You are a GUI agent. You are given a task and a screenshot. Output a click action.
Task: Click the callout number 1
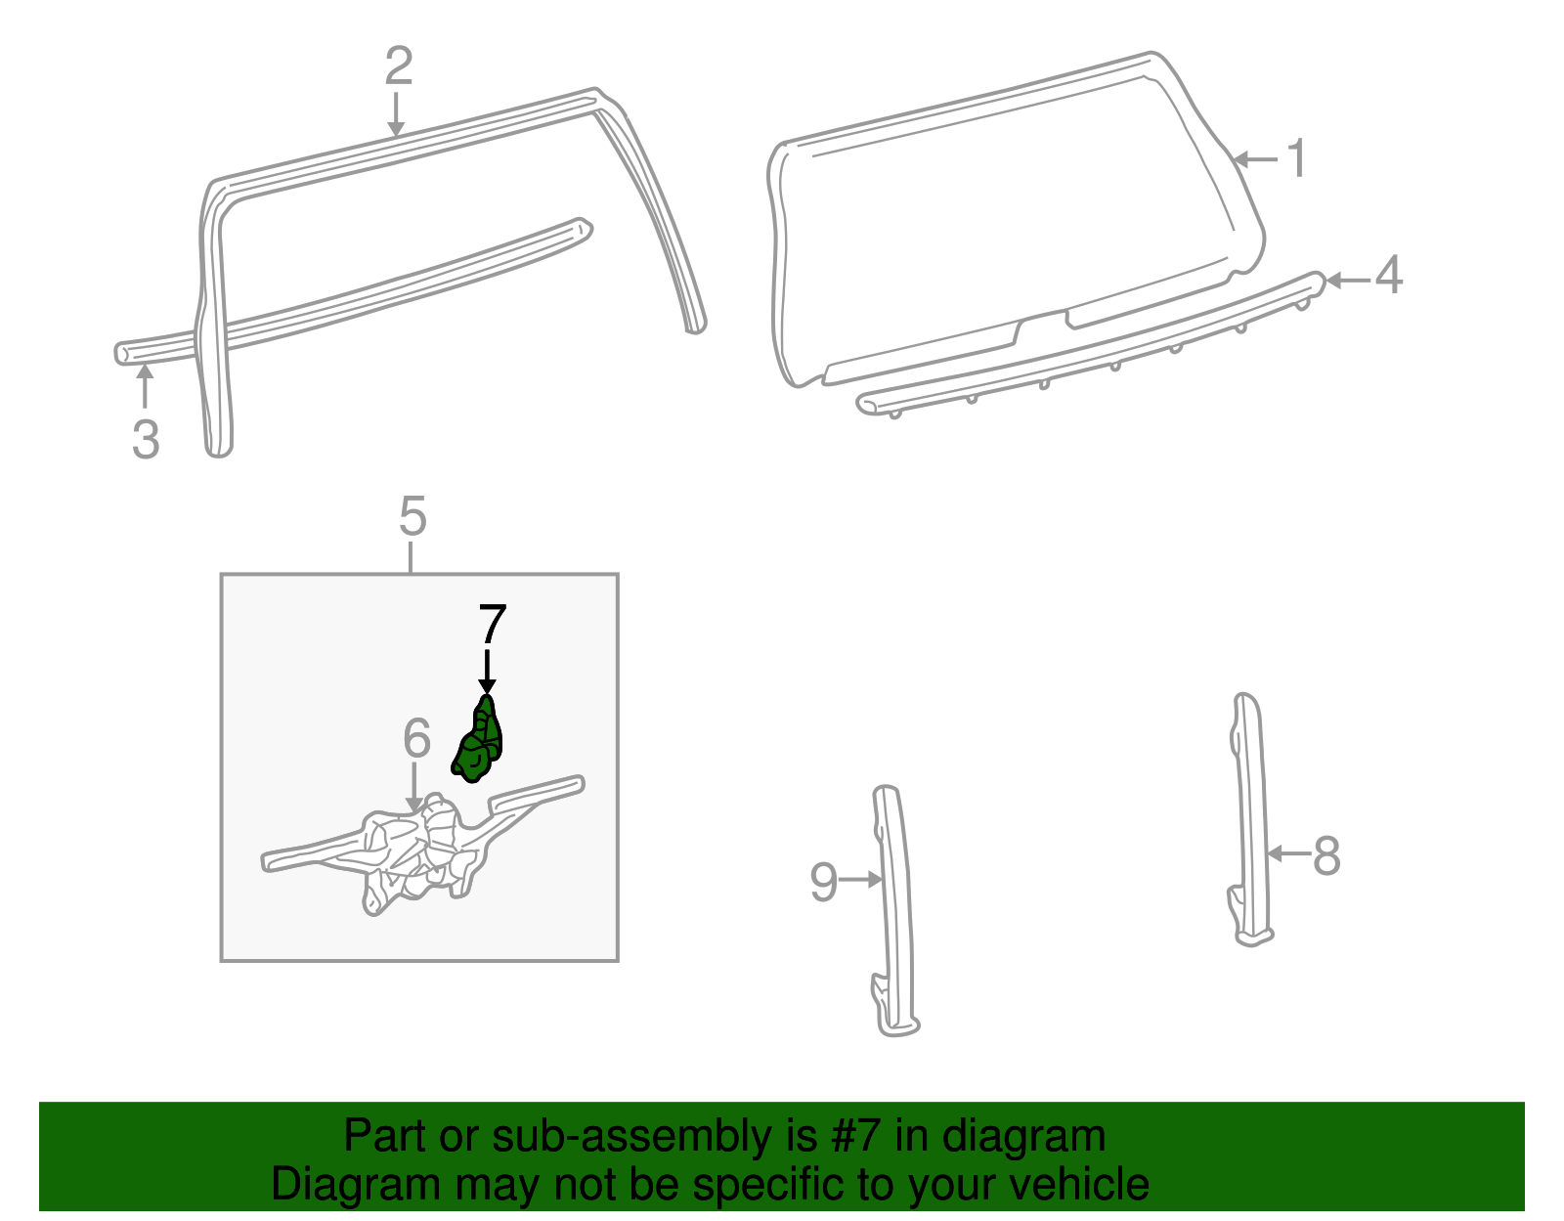(x=1297, y=158)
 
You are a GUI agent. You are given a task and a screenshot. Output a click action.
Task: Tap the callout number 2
(x=399, y=65)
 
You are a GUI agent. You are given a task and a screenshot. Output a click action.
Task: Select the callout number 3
(x=146, y=438)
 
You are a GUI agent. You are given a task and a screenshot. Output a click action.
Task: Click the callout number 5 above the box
(x=413, y=516)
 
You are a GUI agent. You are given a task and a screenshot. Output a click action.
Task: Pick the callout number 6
(x=416, y=737)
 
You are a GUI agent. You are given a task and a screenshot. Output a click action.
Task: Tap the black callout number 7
(x=493, y=625)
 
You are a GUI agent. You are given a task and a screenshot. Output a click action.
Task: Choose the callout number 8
(x=1326, y=856)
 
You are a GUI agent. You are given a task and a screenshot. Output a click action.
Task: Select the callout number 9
(x=823, y=882)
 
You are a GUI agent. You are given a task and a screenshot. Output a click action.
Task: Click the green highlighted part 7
(x=478, y=741)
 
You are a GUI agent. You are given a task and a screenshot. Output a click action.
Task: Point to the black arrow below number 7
(x=487, y=673)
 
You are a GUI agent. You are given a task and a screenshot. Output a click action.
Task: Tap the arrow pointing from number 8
(x=1288, y=854)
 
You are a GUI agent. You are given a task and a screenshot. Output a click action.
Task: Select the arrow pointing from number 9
(x=861, y=879)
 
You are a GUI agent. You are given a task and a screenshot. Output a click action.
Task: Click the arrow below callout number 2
(x=395, y=113)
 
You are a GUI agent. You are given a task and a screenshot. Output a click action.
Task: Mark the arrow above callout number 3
(x=145, y=386)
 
